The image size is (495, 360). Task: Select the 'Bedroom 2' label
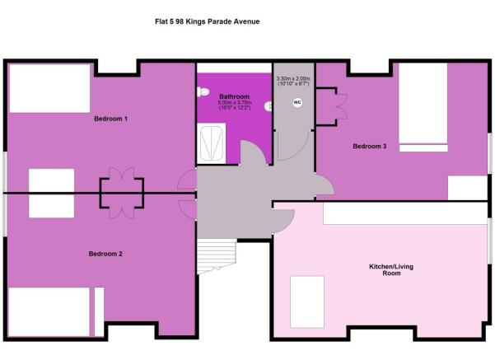(x=105, y=254)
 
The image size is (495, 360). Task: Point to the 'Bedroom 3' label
(x=369, y=147)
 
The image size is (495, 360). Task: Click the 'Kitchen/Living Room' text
(x=385, y=269)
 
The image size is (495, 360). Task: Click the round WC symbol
(x=297, y=103)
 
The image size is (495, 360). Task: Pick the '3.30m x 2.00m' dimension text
(x=293, y=77)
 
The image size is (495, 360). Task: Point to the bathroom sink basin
(x=267, y=106)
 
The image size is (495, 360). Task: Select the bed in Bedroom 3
(x=423, y=105)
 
